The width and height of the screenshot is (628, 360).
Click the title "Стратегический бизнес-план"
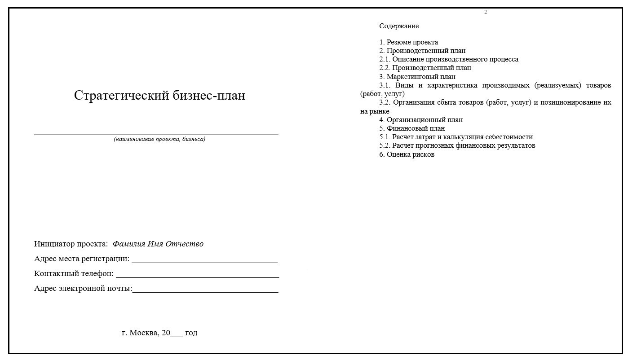(x=159, y=96)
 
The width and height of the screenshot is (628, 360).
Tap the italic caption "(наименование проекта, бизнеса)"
(x=159, y=139)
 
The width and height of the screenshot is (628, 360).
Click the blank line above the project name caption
(x=156, y=134)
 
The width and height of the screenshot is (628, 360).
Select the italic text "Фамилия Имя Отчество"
(x=158, y=244)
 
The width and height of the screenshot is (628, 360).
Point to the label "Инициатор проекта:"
(x=71, y=244)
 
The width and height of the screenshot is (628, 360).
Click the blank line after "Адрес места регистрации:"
(x=204, y=261)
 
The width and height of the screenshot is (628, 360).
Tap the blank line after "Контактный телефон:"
(x=197, y=276)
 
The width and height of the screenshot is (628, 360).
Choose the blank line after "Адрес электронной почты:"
(x=205, y=291)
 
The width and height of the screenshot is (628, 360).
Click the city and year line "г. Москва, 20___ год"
(x=159, y=333)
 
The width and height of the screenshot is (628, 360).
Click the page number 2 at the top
(x=486, y=12)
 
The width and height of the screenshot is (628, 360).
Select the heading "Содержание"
(x=399, y=26)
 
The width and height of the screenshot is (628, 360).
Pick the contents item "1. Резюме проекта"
(x=408, y=42)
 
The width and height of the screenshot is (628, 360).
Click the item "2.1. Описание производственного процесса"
(x=448, y=59)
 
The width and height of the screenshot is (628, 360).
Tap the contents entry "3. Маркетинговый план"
(x=417, y=77)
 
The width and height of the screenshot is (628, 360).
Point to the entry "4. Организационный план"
(x=420, y=120)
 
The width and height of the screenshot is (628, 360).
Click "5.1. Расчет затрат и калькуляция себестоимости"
(x=456, y=137)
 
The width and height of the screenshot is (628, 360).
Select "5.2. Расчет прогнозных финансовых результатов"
(x=457, y=145)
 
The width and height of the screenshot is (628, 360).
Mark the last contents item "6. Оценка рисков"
(x=407, y=154)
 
